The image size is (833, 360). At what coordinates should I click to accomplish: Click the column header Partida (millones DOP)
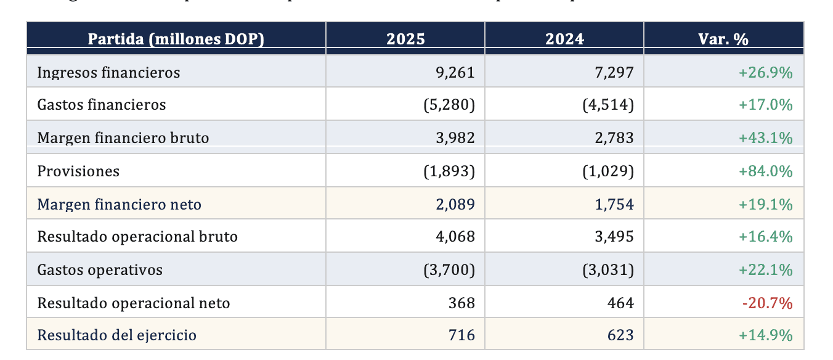click(176, 39)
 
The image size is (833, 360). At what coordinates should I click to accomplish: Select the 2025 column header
click(405, 39)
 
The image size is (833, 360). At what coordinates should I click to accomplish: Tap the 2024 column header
click(564, 39)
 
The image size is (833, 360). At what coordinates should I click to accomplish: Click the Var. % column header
click(723, 39)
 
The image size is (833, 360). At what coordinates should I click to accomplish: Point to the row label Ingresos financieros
click(108, 73)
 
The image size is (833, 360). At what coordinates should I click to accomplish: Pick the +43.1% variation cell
click(765, 138)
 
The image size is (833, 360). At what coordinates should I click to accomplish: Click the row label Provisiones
click(78, 171)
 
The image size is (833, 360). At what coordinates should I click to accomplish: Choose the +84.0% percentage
click(765, 171)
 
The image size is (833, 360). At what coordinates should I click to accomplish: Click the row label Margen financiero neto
click(119, 204)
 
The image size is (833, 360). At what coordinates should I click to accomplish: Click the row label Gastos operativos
click(100, 270)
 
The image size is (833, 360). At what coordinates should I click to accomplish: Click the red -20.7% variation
click(767, 303)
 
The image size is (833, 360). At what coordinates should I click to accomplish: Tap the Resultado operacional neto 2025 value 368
click(461, 303)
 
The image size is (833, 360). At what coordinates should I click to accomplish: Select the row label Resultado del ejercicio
click(117, 335)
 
